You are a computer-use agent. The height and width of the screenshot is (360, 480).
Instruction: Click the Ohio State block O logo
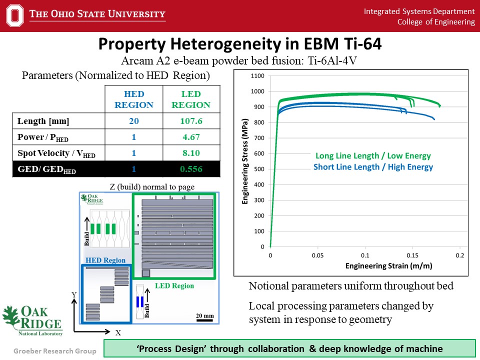point(15,15)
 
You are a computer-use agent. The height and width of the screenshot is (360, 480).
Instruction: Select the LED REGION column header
point(190,99)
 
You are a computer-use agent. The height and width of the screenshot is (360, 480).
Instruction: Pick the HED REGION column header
point(133,99)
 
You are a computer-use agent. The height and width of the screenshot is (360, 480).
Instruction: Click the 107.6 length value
point(190,121)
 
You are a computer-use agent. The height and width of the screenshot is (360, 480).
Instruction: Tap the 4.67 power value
point(190,137)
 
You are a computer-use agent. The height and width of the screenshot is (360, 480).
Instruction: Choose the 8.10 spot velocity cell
point(190,153)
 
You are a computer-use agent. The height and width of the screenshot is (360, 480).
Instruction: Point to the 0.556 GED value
point(190,169)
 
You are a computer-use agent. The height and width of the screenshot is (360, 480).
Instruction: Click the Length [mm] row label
point(43,121)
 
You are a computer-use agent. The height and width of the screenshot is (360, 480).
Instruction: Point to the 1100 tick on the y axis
point(257,76)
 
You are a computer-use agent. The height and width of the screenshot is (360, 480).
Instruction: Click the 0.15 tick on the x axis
point(412,254)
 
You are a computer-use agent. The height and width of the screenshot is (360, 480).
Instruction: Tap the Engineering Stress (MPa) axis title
point(245,161)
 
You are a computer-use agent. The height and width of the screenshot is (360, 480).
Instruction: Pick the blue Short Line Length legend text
point(373,167)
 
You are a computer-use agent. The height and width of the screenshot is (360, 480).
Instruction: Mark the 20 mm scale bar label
point(204,315)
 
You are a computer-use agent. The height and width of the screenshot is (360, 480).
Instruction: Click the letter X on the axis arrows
point(118,332)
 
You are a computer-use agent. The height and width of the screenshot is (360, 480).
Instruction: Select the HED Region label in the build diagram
point(105,260)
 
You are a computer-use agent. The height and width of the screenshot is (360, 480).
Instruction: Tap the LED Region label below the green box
point(174,285)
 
